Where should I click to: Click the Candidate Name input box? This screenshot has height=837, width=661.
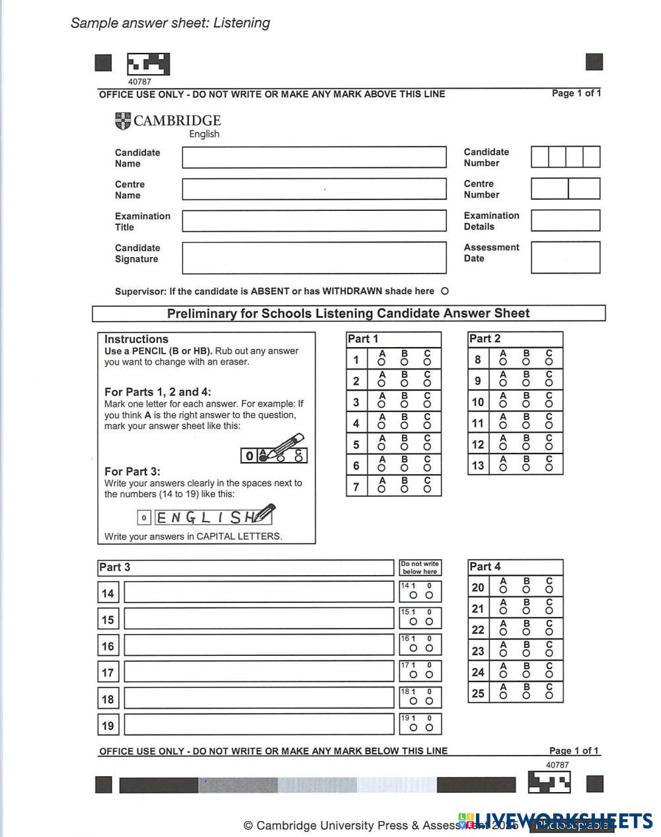[314, 157]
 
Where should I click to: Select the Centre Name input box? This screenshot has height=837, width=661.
[314, 189]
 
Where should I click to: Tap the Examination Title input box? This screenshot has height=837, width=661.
[314, 221]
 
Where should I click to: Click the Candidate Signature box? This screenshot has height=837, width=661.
[314, 258]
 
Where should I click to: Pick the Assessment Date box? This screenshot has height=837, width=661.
[565, 257]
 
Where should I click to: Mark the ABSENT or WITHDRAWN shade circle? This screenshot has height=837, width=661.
[444, 291]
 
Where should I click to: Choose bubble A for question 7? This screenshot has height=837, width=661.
[381, 489]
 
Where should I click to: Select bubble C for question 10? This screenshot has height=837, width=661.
[549, 405]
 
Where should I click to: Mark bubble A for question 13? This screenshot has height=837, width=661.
[503, 468]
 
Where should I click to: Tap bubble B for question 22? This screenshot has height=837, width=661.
[526, 632]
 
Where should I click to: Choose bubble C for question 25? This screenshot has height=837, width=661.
[549, 696]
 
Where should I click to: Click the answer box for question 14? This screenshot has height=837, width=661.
[258, 593]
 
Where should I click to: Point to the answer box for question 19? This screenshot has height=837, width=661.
[258, 725]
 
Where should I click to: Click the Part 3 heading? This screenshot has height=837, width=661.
[114, 567]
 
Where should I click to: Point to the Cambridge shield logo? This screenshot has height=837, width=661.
[123, 121]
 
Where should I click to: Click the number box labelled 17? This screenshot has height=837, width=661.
[108, 673]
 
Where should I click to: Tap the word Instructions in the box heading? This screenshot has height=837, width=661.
[136, 339]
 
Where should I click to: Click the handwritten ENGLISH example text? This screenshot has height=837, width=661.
[205, 517]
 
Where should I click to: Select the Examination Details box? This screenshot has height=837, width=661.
[565, 221]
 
